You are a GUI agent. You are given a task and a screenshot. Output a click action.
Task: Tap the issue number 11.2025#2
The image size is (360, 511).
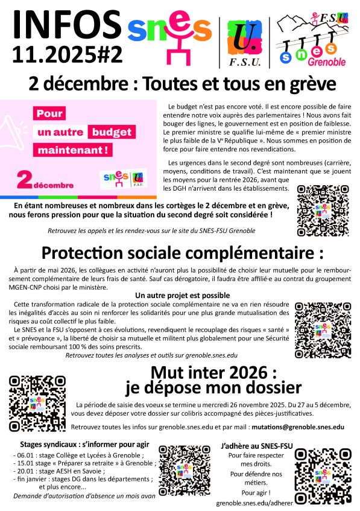coord(67,55)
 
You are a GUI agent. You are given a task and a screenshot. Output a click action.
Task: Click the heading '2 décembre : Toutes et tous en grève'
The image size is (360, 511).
coord(180,84)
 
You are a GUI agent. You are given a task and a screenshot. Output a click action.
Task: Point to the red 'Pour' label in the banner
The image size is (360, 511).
coord(51,113)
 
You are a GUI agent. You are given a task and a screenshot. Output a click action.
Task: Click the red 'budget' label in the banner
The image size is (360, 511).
coord(112,132)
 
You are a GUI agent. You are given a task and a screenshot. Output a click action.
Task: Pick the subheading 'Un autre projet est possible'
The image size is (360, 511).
coord(182,295)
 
